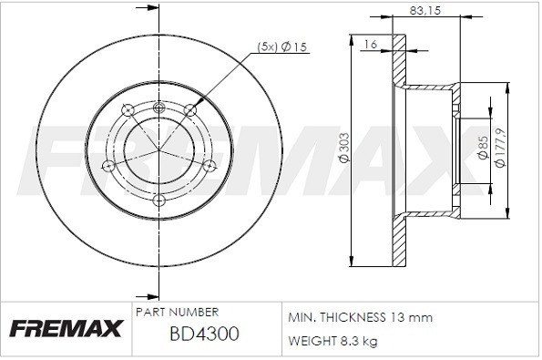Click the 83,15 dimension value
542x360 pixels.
coord(425,11)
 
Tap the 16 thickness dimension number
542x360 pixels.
coord(370,45)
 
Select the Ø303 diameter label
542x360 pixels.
coord(345,148)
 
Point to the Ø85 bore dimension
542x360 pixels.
coord(483,148)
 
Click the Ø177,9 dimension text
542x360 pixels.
coord(500,148)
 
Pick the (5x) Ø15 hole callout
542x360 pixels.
coord(282,46)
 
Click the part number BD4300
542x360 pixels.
coord(204,334)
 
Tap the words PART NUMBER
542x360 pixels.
coord(177,313)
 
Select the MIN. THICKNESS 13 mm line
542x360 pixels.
coord(360,317)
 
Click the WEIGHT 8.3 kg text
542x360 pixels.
coord(332,342)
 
